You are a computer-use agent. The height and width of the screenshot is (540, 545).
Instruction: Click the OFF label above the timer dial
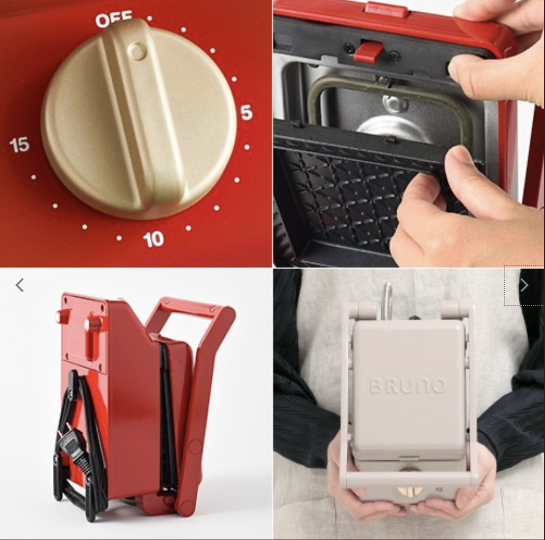tap(114, 20)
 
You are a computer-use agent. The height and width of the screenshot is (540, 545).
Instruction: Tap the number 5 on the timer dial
tap(246, 113)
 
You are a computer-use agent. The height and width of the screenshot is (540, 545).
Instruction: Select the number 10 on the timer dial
tap(153, 238)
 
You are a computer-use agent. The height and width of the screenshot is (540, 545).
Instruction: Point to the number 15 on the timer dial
tap(19, 145)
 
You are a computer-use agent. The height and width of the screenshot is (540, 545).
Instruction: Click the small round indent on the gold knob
tap(136, 51)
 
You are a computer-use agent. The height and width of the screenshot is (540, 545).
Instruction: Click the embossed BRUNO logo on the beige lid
tap(407, 386)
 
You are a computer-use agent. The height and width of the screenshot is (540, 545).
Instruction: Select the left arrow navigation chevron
tap(19, 285)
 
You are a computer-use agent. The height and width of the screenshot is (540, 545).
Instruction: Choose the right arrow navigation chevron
tap(524, 285)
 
